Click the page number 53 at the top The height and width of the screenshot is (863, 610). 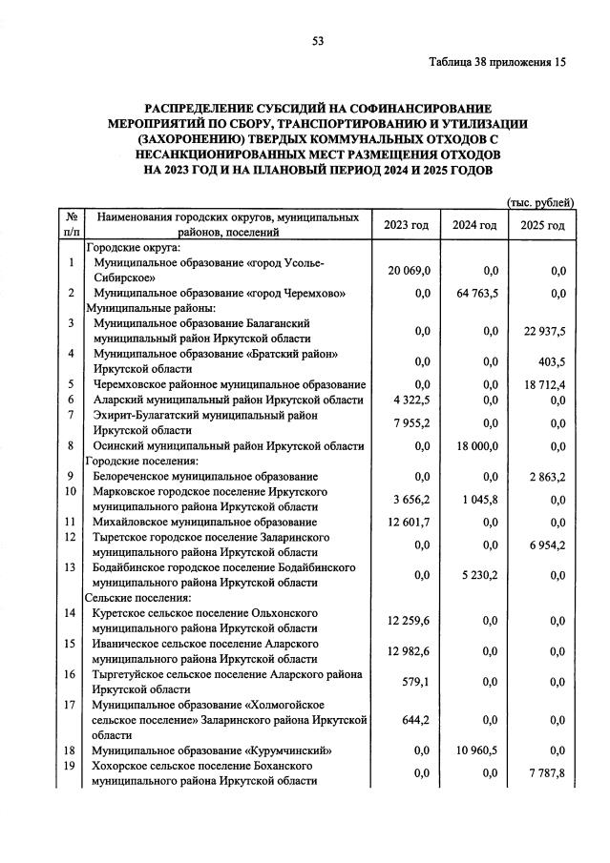coord(319,40)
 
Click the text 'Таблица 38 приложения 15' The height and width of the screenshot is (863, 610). coord(497,63)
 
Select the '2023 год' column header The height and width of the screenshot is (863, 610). coord(407,225)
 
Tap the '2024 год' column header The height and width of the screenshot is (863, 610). coord(474,225)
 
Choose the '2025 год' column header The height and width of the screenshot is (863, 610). coord(543,225)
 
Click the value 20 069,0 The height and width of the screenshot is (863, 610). coord(409,271)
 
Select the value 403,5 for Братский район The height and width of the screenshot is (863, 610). coord(553,362)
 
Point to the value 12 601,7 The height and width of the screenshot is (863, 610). coord(409,523)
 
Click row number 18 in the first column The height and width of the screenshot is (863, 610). coord(71,750)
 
